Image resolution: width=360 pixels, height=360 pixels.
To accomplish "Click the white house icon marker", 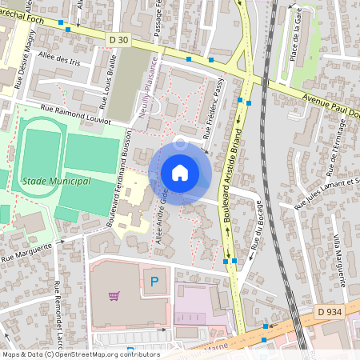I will (x=180, y=172).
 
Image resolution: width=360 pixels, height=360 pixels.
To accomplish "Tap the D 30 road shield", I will (x=118, y=39).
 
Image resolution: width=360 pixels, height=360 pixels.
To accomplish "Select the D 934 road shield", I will (x=328, y=311).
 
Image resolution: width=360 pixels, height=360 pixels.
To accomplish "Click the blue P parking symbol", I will (x=155, y=281).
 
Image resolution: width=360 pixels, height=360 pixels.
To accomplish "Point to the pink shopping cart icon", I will (x=114, y=296).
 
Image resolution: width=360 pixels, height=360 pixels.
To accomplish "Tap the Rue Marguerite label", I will (x=26, y=253).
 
